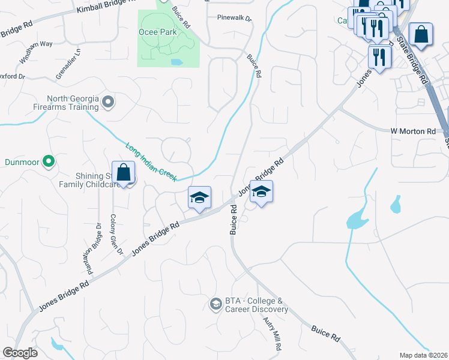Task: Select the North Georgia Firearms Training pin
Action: pos(108,103)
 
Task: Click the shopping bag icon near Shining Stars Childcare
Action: pos(123,173)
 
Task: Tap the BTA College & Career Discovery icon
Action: pos(215,305)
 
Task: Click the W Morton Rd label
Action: pos(413,131)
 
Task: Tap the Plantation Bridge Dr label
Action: pos(95,250)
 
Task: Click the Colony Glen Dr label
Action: pos(116,234)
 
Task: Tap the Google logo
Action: pos(20,353)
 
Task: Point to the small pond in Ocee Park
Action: pos(176,61)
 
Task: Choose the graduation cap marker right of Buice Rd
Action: pos(261,193)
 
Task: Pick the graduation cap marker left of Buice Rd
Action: pos(199,197)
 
